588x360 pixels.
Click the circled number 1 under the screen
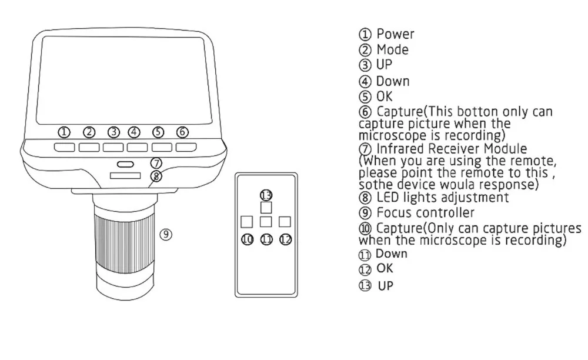[x=64, y=132]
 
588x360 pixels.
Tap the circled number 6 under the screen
[x=182, y=132]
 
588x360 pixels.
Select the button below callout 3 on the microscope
[x=113, y=148]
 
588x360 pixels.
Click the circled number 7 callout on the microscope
[x=156, y=163]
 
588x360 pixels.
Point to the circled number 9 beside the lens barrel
[x=166, y=234]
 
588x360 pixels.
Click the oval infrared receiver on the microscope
[x=125, y=164]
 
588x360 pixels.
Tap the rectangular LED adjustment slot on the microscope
[x=125, y=175]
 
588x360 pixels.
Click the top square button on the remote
[x=266, y=208]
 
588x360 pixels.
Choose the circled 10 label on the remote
[x=247, y=239]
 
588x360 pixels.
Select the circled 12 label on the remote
[x=285, y=239]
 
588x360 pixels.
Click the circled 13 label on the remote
[x=266, y=195]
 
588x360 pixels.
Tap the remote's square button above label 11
[x=266, y=222]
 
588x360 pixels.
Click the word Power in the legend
[x=395, y=34]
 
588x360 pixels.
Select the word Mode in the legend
[x=393, y=49]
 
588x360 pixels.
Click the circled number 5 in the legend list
[x=365, y=96]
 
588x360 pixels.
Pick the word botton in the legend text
[x=478, y=112]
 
